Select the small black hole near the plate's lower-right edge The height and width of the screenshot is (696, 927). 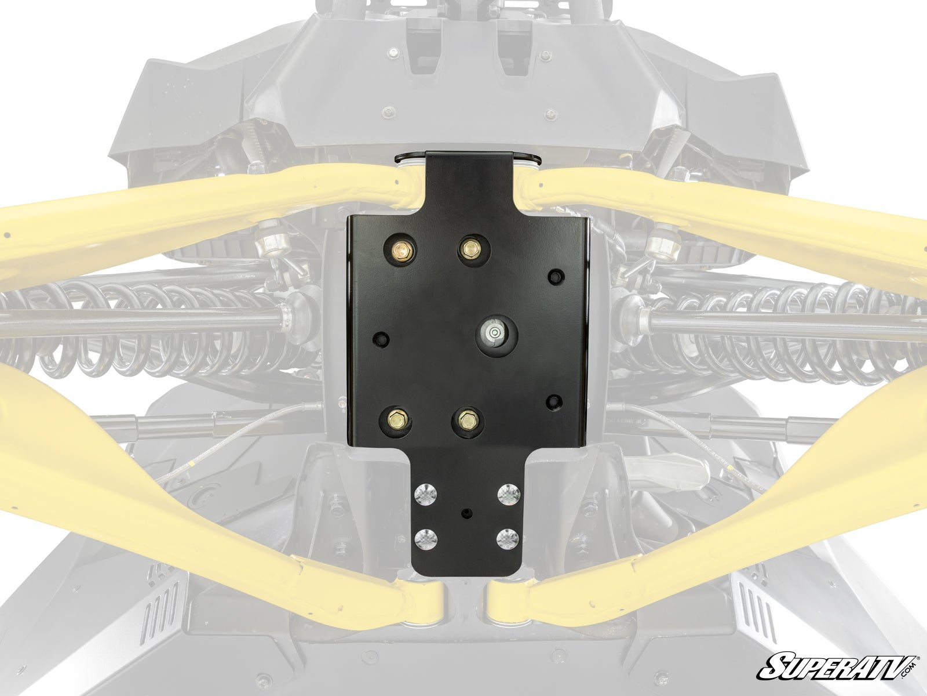(554, 401)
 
